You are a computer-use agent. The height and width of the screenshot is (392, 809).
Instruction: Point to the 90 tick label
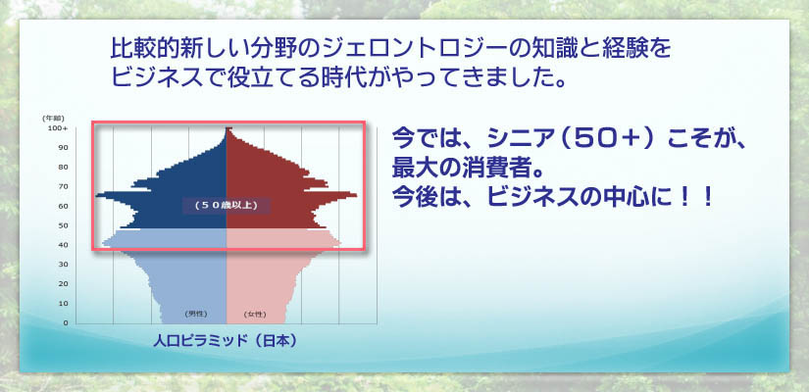click(63, 148)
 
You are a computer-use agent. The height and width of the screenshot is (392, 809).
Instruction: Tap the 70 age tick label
click(63, 186)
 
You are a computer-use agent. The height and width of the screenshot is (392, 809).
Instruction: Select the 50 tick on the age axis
click(63, 225)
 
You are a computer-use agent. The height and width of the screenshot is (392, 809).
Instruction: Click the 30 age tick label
click(63, 265)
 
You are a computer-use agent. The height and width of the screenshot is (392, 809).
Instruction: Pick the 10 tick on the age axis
click(63, 303)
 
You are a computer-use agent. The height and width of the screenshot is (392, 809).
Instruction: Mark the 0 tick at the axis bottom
click(65, 322)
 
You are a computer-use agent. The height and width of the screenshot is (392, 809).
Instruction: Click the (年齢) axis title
click(54, 119)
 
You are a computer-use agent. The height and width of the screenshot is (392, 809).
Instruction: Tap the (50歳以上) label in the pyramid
click(226, 205)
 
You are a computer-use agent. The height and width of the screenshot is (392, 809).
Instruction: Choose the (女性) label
click(254, 314)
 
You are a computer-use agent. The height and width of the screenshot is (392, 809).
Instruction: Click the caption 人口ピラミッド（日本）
click(226, 341)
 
